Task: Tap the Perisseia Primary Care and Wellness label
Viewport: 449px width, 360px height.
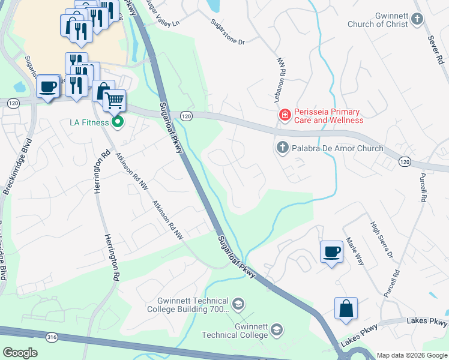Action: (x=327, y=116)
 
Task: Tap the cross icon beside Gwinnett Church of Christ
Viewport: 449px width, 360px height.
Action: (x=417, y=20)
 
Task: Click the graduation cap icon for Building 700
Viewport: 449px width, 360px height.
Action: (x=238, y=304)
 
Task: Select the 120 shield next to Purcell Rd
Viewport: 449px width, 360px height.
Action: (x=405, y=162)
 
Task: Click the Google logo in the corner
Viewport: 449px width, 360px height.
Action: (x=20, y=352)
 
